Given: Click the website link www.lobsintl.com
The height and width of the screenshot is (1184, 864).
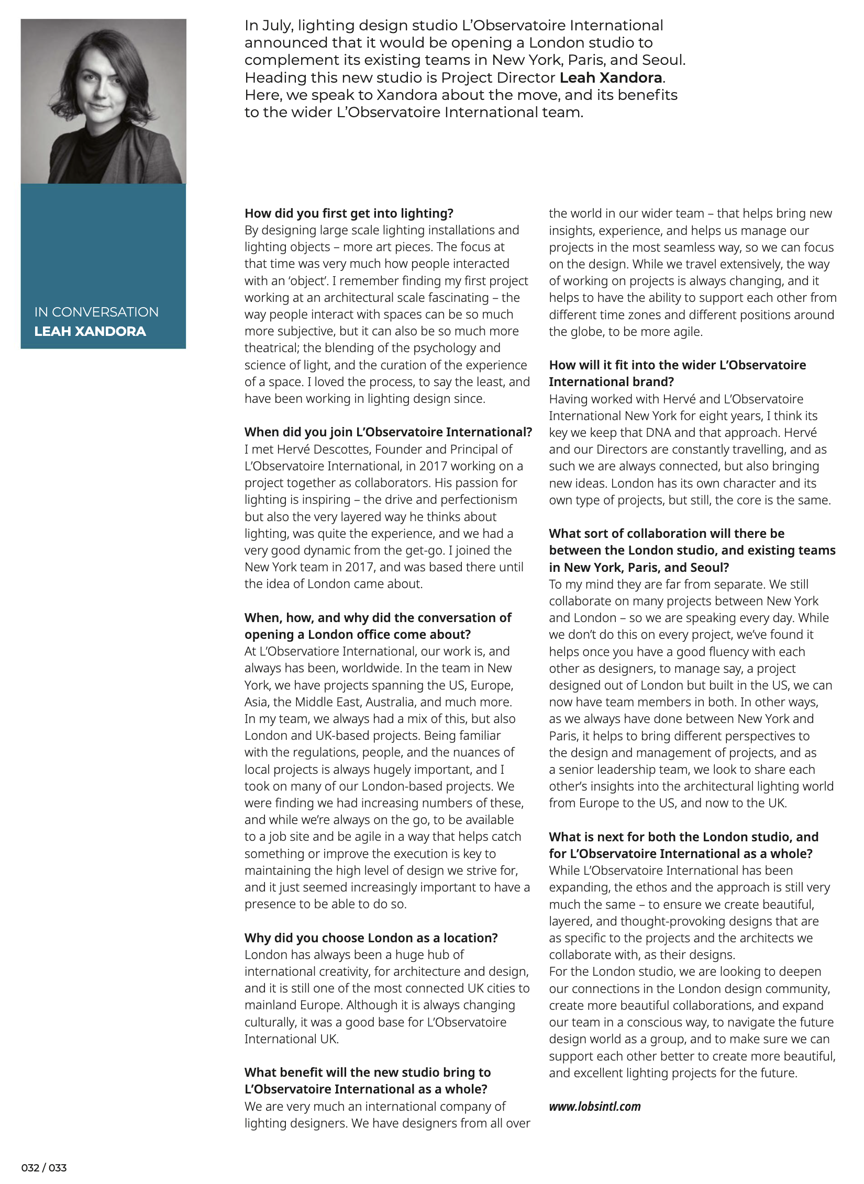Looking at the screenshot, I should [594, 1106].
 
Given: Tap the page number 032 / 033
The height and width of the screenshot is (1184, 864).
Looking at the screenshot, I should [44, 1168].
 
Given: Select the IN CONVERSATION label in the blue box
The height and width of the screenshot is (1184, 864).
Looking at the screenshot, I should [96, 312].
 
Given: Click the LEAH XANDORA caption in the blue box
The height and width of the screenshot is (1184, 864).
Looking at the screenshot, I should [90, 331].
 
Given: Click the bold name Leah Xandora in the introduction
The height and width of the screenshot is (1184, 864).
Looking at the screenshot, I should [611, 77].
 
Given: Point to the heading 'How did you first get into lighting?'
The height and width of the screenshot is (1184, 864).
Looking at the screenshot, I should [349, 213].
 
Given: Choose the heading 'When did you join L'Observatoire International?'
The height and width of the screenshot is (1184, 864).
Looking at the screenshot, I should [388, 432].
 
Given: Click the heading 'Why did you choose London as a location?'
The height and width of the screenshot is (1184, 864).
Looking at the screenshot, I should [371, 938].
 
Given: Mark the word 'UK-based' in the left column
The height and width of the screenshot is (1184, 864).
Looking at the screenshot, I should [340, 735].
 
